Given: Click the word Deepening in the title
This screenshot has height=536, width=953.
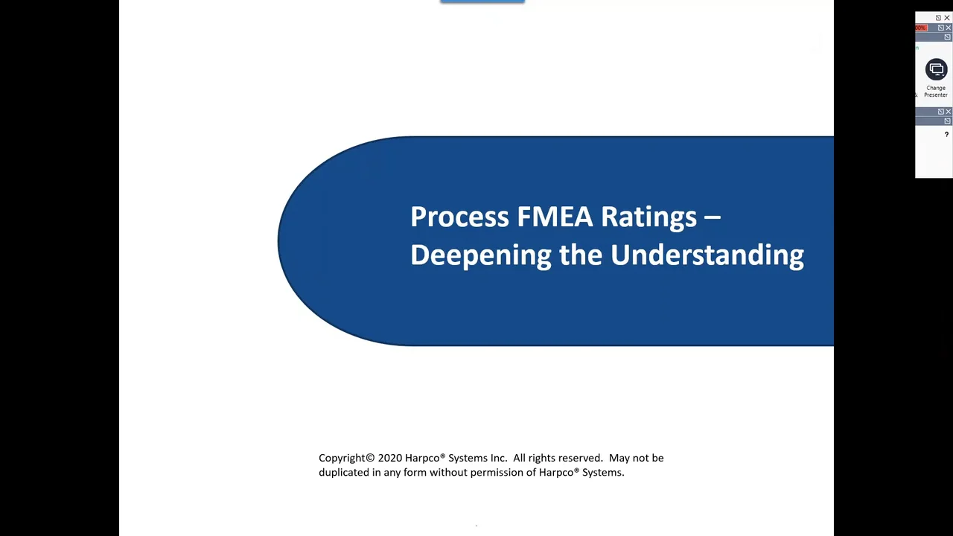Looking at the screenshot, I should [x=480, y=255].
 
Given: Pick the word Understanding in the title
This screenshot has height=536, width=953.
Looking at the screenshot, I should [x=707, y=255].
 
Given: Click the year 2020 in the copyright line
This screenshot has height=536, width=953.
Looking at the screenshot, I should [x=389, y=458].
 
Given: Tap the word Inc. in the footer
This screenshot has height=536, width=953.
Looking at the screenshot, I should [x=498, y=458].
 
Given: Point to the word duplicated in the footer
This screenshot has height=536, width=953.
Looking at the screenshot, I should [x=343, y=472].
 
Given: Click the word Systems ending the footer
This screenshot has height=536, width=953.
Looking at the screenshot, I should [x=602, y=472].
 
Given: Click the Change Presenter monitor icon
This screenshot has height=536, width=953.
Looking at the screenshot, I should [x=936, y=69].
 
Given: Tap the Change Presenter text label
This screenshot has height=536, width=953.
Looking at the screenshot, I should [x=936, y=92].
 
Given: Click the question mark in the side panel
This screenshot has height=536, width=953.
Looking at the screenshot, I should [x=946, y=135].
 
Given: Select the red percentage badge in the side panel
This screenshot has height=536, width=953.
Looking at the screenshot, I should [x=921, y=28].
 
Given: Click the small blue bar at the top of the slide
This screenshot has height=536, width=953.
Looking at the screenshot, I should [x=482, y=1].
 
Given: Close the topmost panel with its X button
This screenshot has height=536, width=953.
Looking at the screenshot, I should [x=947, y=18].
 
